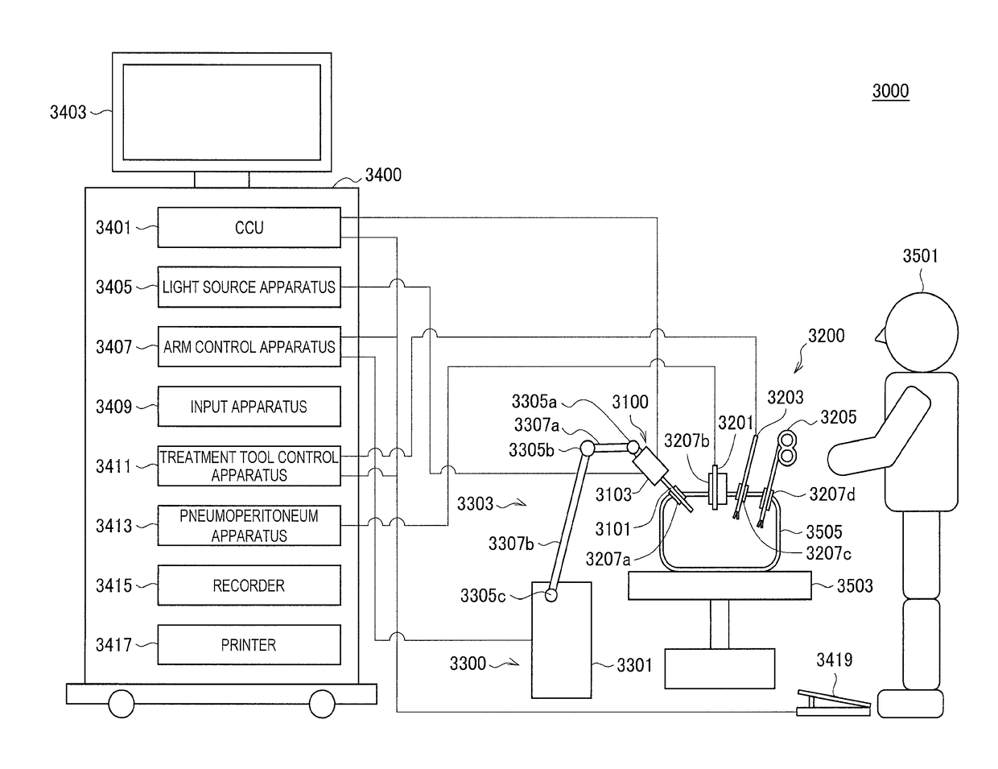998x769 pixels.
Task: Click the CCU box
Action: (249, 227)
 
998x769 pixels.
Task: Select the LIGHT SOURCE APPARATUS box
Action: (249, 287)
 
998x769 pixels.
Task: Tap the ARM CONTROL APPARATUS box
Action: (249, 347)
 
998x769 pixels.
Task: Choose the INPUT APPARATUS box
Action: (249, 407)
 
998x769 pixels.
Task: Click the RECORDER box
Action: (249, 585)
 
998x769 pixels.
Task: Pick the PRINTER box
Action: (249, 644)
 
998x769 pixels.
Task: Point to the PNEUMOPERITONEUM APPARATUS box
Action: (249, 526)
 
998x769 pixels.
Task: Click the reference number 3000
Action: (890, 91)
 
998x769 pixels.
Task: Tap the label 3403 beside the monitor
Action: (68, 113)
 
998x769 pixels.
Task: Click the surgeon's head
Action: (921, 332)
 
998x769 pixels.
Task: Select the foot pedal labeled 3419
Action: (833, 703)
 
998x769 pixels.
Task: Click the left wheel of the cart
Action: (122, 703)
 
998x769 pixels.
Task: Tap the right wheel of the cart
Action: (322, 703)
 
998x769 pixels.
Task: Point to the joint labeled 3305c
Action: (551, 595)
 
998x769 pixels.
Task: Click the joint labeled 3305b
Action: (588, 448)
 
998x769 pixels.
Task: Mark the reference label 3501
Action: (920, 256)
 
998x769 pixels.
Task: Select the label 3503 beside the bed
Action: (855, 585)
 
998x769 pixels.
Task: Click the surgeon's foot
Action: (910, 703)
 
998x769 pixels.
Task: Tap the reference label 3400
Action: (383, 175)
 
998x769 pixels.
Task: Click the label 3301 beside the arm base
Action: (634, 665)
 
